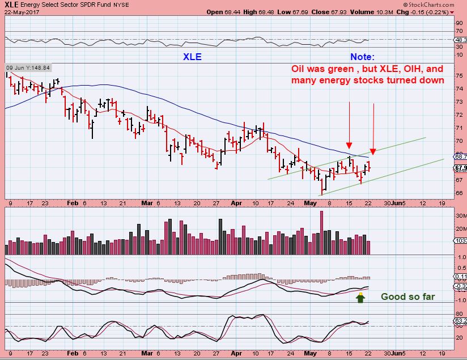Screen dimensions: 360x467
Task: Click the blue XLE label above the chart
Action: [192, 57]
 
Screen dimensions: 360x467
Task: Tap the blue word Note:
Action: [362, 57]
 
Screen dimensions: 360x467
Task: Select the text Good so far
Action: [407, 297]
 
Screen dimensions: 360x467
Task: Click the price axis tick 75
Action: [458, 75]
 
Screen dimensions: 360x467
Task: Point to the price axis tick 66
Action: [458, 193]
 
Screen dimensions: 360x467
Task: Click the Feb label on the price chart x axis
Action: [72, 202]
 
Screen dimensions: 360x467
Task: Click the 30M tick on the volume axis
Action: [460, 216]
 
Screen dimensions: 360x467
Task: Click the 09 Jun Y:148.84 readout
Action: [28, 67]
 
